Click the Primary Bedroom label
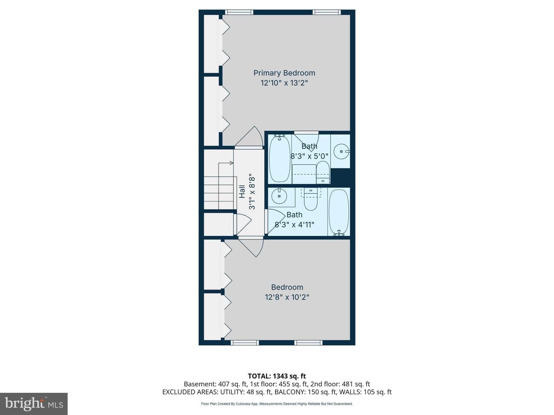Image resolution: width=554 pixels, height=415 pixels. tap(284, 73)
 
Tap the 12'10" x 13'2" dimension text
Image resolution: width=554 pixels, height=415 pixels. tap(284, 83)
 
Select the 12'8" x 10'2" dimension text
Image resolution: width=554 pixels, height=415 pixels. tap(287, 297)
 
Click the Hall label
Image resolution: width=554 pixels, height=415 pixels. tap(242, 191)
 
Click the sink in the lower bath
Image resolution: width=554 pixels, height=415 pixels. tap(279, 196)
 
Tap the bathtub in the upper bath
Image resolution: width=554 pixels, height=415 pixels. tap(279, 159)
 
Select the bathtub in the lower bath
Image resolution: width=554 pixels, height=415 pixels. tap(339, 212)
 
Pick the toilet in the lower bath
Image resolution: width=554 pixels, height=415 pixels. tap(311, 200)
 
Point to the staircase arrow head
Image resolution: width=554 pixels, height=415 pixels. tap(232, 163)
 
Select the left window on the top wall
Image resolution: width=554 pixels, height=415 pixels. tap(239, 12)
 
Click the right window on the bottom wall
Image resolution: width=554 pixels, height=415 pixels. tap(308, 343)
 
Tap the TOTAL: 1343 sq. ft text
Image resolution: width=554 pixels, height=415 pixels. tap(277, 376)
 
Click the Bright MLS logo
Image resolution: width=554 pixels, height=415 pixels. tap(34, 404)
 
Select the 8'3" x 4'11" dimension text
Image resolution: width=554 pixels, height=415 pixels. tap(294, 225)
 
